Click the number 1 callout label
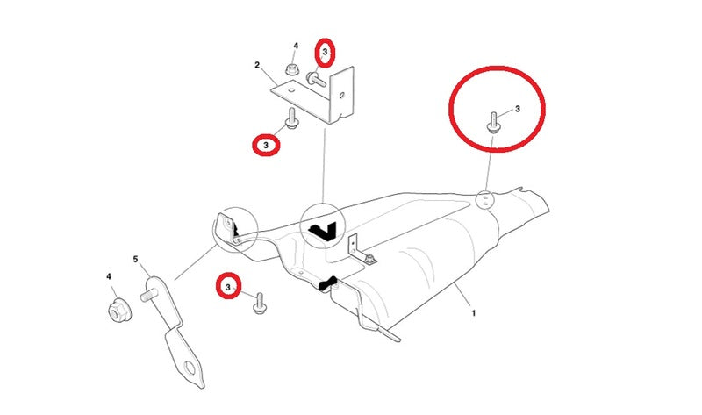pyautogui.click(x=473, y=313)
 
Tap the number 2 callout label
pyautogui.click(x=257, y=65)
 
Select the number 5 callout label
pyautogui.click(x=136, y=259)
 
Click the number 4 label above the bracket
pyautogui.click(x=296, y=46)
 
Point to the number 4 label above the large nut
pyautogui.click(x=109, y=276)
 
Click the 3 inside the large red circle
pyautogui.click(x=518, y=109)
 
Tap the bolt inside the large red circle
pyautogui.click(x=493, y=122)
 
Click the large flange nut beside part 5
pyautogui.click(x=119, y=310)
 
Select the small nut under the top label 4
pyautogui.click(x=292, y=69)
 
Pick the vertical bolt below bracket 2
pyautogui.click(x=291, y=118)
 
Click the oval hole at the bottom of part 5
pyautogui.click(x=190, y=368)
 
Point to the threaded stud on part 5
pyautogui.click(x=148, y=295)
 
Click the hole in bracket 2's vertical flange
pyautogui.click(x=342, y=95)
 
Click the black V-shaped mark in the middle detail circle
pyautogui.click(x=322, y=230)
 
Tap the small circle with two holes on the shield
pyautogui.click(x=484, y=200)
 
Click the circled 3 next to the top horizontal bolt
pyautogui.click(x=325, y=53)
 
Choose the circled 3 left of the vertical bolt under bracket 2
pyautogui.click(x=266, y=146)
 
